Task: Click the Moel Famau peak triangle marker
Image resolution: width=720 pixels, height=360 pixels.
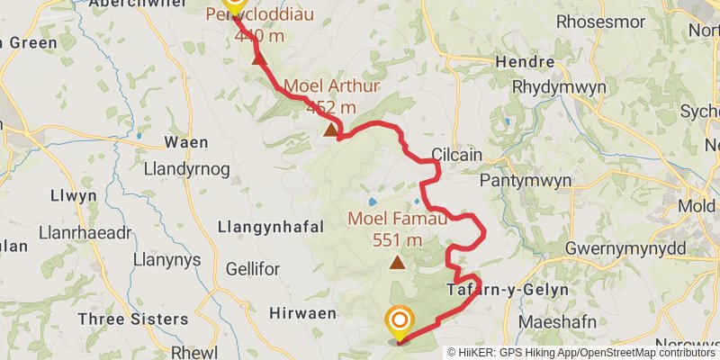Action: pos(397,263)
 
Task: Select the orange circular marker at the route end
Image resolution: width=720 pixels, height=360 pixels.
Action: pos(399,321)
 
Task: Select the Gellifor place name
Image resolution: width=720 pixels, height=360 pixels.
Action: pos(253,269)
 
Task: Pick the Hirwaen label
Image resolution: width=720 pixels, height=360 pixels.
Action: pos(302,312)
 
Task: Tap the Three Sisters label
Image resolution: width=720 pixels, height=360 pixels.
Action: pos(133,319)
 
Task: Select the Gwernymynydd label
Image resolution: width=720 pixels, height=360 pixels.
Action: pos(625,247)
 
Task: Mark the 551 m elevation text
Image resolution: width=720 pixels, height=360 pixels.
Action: pos(396,239)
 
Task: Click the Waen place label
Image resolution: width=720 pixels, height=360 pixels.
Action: pos(186,141)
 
